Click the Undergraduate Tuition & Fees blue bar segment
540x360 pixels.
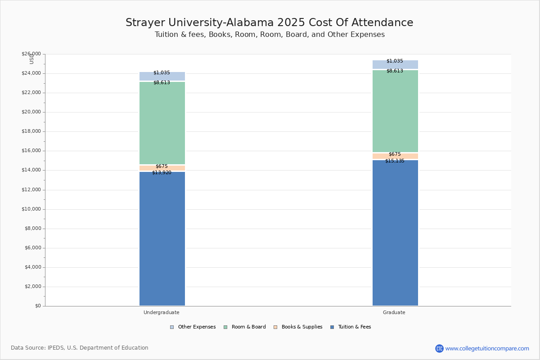click(162, 238)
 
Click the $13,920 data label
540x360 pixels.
click(162, 172)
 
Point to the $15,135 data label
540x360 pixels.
click(395, 161)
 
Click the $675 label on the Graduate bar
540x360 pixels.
click(395, 154)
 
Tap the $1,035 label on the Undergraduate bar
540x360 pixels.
click(162, 72)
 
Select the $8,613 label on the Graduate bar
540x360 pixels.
click(395, 71)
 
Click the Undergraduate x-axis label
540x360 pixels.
click(162, 312)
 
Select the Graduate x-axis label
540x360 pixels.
click(394, 312)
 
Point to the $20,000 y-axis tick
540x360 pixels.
click(31, 112)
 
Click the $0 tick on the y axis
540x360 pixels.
click(38, 306)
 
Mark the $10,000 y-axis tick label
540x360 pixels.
click(31, 209)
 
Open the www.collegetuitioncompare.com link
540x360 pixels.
click(487, 348)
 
